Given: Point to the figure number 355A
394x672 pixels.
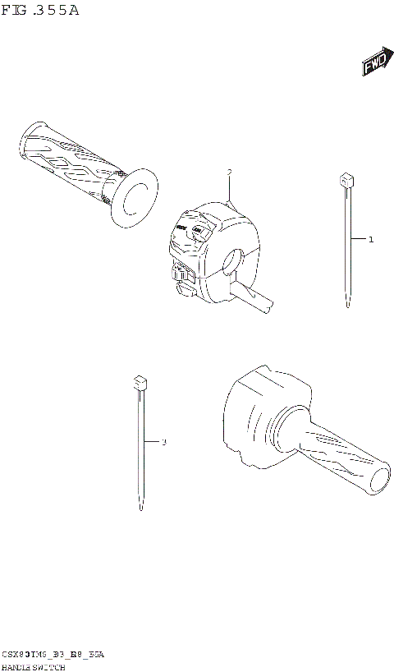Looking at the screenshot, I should [57, 11].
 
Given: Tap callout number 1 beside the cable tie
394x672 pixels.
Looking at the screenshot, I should [371, 240].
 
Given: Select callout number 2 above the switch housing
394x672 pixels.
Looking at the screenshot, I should [230, 173].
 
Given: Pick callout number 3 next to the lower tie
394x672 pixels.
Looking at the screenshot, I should [163, 443].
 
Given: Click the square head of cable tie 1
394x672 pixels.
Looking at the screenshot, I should [347, 180].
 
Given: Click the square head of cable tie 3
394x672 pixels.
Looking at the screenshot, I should [139, 382].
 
